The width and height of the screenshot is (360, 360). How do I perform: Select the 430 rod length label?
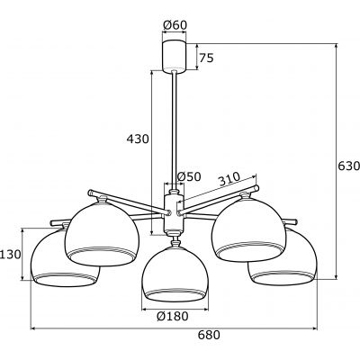point(136,139)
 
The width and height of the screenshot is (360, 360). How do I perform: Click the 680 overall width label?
point(183,335)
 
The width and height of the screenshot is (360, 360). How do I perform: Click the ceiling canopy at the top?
point(173,56)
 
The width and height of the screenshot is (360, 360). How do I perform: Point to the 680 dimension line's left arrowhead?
point(33,326)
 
